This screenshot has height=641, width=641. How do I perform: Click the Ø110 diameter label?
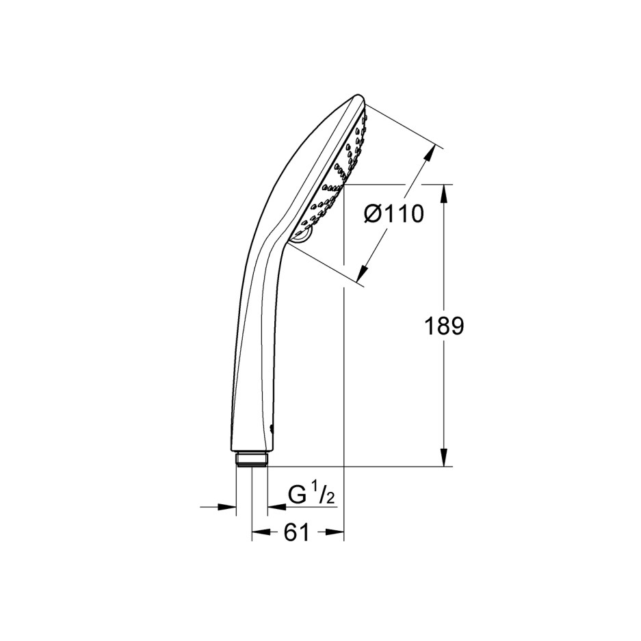[x=393, y=214]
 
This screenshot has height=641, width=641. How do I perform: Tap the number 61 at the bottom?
[x=296, y=533]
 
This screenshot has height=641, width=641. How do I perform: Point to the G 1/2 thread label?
[x=311, y=494]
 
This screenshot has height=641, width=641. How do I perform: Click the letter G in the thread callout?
[x=296, y=495]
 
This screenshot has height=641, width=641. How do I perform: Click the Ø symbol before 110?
[x=372, y=214]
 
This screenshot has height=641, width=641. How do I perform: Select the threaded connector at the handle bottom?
[x=251, y=458]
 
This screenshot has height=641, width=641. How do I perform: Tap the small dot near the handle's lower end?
[x=272, y=429]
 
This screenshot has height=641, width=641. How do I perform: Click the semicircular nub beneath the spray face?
[x=302, y=236]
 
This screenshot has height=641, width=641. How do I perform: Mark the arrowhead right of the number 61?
[x=335, y=533]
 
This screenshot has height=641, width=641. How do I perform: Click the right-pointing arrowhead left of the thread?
[x=228, y=507]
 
